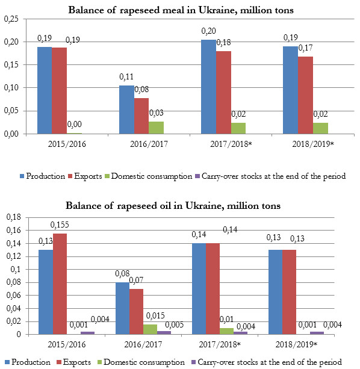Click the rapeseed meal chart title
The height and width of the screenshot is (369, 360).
pos(181,10)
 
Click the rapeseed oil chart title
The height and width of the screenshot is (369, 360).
pos(173,206)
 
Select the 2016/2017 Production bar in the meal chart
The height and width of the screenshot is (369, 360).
pos(126,110)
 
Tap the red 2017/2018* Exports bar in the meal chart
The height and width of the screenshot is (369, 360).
pos(223,93)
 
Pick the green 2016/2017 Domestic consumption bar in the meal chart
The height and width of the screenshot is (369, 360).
pos(157,128)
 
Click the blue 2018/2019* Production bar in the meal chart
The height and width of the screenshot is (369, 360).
pos(290,90)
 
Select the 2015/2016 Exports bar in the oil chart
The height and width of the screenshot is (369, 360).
pos(60,284)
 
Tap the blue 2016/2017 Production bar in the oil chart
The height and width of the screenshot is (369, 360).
pos(122,308)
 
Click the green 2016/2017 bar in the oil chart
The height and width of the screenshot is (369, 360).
pos(150,329)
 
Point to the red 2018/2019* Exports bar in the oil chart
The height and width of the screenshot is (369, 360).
pos(289,292)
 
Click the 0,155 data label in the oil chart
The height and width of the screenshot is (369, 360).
pos(60,225)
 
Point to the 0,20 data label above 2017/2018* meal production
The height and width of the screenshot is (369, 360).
pos(208,31)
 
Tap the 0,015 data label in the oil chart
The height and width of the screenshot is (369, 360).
pos(155,316)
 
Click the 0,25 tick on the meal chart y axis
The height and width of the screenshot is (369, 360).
pos(11,19)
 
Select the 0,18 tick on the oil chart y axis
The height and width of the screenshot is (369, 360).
pos(14,217)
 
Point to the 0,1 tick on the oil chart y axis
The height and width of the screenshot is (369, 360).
pos(16,270)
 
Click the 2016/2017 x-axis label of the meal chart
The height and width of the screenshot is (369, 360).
pos(149,144)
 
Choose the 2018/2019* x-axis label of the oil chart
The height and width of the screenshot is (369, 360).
pos(296,344)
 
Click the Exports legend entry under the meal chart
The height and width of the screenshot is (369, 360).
pos(85,176)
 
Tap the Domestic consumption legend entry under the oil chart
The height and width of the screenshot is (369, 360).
pos(141,362)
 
